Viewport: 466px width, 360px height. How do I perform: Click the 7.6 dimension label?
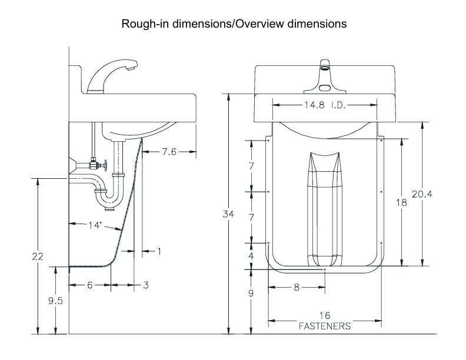point(169,152)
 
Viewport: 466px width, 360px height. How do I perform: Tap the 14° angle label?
point(95,225)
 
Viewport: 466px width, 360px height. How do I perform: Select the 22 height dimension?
point(38,256)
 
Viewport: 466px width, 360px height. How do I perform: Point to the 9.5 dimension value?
point(55,301)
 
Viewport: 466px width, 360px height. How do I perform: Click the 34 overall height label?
point(228,214)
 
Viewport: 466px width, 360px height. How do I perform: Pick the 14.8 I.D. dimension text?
point(325,105)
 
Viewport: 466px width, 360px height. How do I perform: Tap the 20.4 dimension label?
point(422,194)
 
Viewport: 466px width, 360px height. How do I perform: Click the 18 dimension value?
point(401,202)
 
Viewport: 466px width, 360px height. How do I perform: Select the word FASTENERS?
point(325,326)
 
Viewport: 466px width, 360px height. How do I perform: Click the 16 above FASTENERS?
point(325,315)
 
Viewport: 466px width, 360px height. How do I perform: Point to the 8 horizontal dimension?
point(297,287)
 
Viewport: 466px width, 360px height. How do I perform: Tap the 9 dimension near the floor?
point(251,293)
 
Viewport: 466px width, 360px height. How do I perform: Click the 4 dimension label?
point(251,256)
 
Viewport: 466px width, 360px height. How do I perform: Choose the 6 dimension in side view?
point(90,285)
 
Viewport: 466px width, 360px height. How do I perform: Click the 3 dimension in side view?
point(146,285)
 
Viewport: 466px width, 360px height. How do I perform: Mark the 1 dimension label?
point(159,251)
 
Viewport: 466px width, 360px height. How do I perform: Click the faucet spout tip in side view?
point(131,68)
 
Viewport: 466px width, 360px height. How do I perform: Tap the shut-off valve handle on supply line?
point(105,165)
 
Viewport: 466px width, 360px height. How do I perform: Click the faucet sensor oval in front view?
point(325,88)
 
